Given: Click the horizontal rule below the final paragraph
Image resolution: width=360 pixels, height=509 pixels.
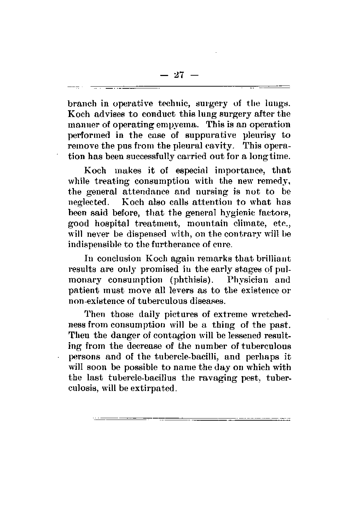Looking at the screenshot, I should click(191, 420).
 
